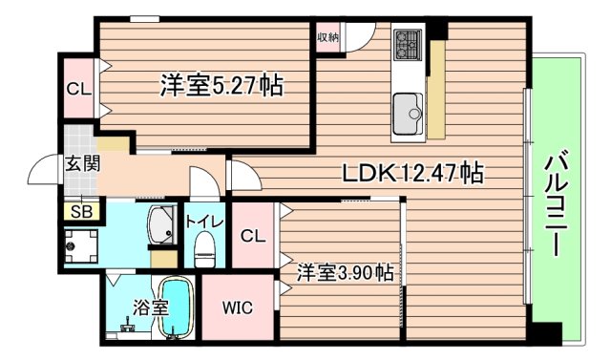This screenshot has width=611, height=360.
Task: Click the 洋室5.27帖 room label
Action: pyautogui.click(x=221, y=85)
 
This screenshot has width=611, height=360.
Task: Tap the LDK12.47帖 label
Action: pyautogui.click(x=412, y=173)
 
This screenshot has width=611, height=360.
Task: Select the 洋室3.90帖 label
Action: pyautogui.click(x=345, y=273)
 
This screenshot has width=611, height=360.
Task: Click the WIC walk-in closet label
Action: pyautogui.click(x=237, y=308)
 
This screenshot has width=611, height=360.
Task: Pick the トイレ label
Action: pyautogui.click(x=204, y=222)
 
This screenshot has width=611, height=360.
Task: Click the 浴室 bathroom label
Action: pyautogui.click(x=149, y=307)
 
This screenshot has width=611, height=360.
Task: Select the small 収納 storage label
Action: pyautogui.click(x=327, y=37)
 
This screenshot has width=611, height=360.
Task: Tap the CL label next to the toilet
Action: pyautogui.click(x=252, y=236)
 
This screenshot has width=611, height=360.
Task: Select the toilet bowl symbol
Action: pyautogui.click(x=203, y=251)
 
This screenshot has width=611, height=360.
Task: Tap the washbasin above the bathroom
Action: pyautogui.click(x=159, y=225)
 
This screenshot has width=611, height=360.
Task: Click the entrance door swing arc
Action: pyautogui.click(x=44, y=171)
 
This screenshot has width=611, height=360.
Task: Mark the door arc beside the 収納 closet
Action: pyautogui.click(x=356, y=38)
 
